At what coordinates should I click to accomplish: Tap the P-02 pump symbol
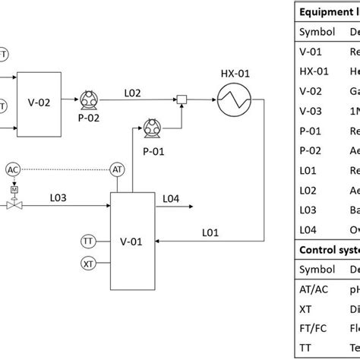click(86, 98)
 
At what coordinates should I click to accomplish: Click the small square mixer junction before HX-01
click(182, 98)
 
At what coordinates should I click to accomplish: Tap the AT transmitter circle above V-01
click(117, 169)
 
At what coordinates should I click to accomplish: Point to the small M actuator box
click(13, 188)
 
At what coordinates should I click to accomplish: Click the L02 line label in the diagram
click(133, 91)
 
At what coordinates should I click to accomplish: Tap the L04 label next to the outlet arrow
click(171, 198)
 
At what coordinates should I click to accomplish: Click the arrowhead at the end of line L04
click(191, 205)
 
